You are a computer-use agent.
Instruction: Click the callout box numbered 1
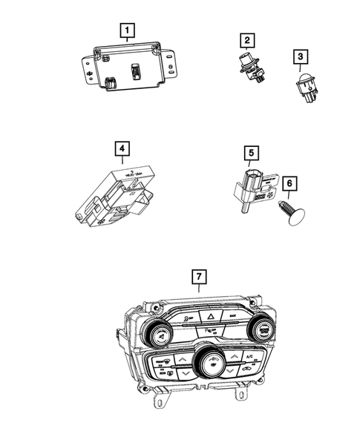pos(128,30)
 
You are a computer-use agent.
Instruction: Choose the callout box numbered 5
pos(252,154)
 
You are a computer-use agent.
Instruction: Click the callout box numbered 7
pos(197,277)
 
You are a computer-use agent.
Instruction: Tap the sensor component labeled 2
pos(248,65)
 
